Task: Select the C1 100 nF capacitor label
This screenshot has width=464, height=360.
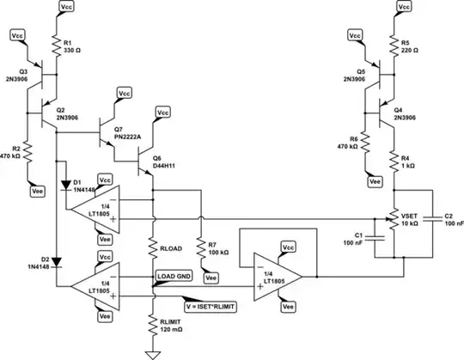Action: (x=364, y=239)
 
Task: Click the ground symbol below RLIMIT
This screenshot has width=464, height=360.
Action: (x=152, y=352)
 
